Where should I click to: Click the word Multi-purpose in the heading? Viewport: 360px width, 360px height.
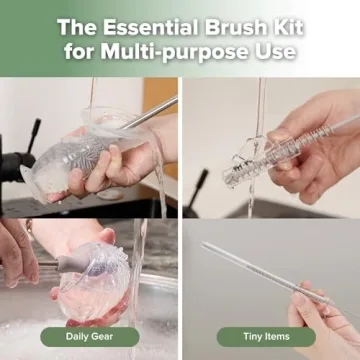pos(182,50)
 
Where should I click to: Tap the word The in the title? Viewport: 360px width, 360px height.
pos(79,24)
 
